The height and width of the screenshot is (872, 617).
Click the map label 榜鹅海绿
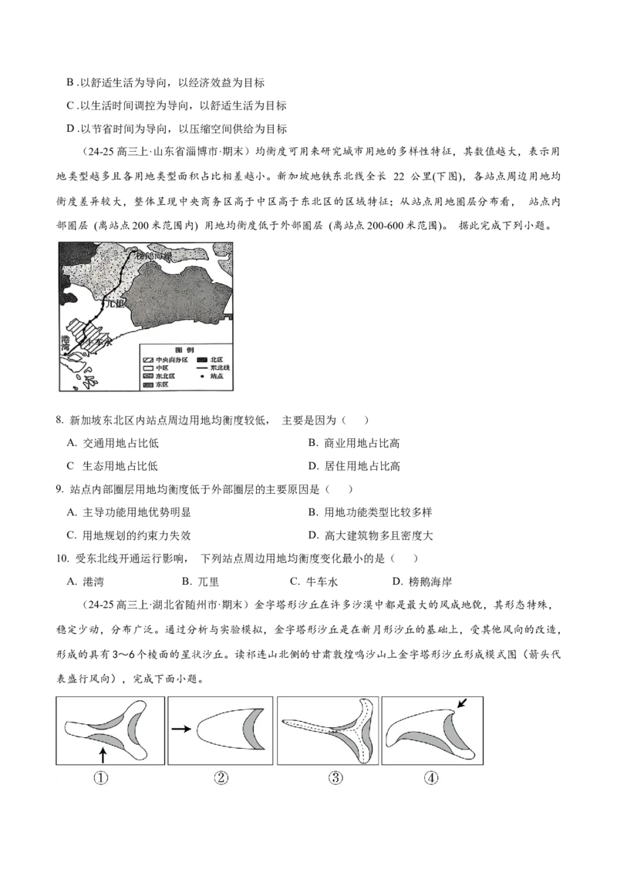tap(154, 256)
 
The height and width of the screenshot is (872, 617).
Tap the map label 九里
tap(115, 305)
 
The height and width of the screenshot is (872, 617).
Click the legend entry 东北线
tap(219, 367)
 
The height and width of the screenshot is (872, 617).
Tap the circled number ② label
tap(221, 778)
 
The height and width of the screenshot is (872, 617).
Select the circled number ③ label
tap(335, 778)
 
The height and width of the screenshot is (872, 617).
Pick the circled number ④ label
tap(431, 778)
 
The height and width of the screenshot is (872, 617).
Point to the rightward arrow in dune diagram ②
tap(181, 726)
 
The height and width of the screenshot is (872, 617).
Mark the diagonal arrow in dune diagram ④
tap(462, 703)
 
